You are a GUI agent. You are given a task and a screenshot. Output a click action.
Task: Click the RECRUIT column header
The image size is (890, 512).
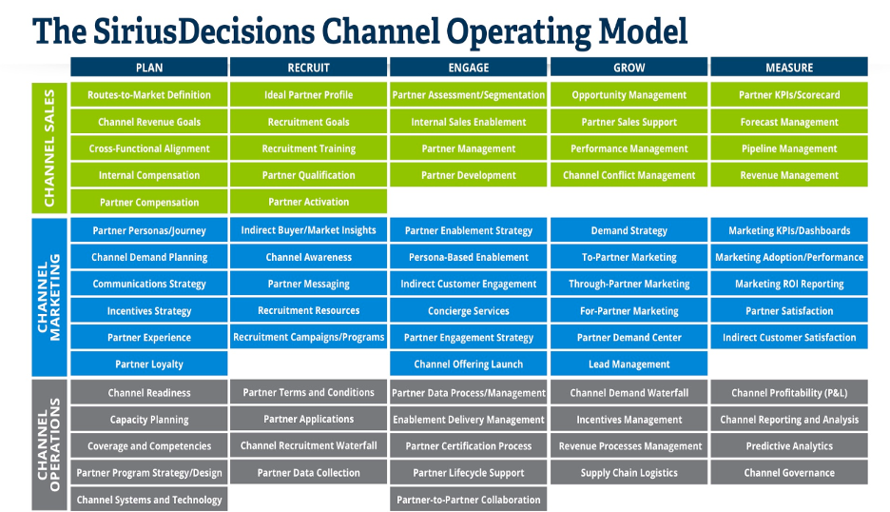pyautogui.click(x=308, y=67)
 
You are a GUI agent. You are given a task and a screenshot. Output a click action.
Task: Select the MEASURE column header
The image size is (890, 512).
pyautogui.click(x=789, y=67)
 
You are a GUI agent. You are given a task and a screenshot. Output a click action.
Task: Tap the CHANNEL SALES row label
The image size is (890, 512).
pyautogui.click(x=49, y=148)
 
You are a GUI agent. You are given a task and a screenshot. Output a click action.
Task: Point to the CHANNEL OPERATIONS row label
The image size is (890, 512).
pyautogui.click(x=49, y=445)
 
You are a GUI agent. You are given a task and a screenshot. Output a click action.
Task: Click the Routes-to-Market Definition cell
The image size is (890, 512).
pyautogui.click(x=149, y=95)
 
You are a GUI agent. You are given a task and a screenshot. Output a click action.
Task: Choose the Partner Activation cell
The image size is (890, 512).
pyautogui.click(x=308, y=202)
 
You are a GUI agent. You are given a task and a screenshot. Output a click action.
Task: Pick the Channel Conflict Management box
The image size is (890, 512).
pyautogui.click(x=629, y=175)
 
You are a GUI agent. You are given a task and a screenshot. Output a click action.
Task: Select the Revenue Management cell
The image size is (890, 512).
pyautogui.click(x=789, y=175)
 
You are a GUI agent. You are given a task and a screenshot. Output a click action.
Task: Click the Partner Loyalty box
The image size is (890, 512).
pyautogui.click(x=149, y=364)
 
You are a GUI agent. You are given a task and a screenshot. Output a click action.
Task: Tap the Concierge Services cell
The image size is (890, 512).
pyautogui.click(x=468, y=311)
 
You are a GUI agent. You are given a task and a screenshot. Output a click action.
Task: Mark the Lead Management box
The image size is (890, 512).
pyautogui.click(x=629, y=364)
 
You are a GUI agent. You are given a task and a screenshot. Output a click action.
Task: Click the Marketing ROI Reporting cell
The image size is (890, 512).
pyautogui.click(x=789, y=284)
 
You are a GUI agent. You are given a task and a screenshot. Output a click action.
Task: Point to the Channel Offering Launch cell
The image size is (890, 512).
pyautogui.click(x=468, y=364)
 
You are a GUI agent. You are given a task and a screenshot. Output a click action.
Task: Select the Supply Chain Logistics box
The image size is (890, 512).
pyautogui.click(x=629, y=472)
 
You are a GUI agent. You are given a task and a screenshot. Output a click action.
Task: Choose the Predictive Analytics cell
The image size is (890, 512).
pyautogui.click(x=789, y=445)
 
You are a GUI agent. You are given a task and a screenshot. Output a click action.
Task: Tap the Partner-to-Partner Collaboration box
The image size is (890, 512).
pyautogui.click(x=468, y=499)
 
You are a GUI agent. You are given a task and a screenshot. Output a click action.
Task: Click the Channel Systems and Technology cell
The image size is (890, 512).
pyautogui.click(x=149, y=499)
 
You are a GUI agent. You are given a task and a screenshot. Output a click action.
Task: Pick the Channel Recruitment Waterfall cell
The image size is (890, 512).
pyautogui.click(x=308, y=445)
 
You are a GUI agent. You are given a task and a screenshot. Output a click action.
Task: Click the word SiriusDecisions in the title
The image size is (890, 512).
pyautogui.click(x=204, y=30)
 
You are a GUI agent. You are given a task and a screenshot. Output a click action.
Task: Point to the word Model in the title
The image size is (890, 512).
pyautogui.click(x=644, y=30)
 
